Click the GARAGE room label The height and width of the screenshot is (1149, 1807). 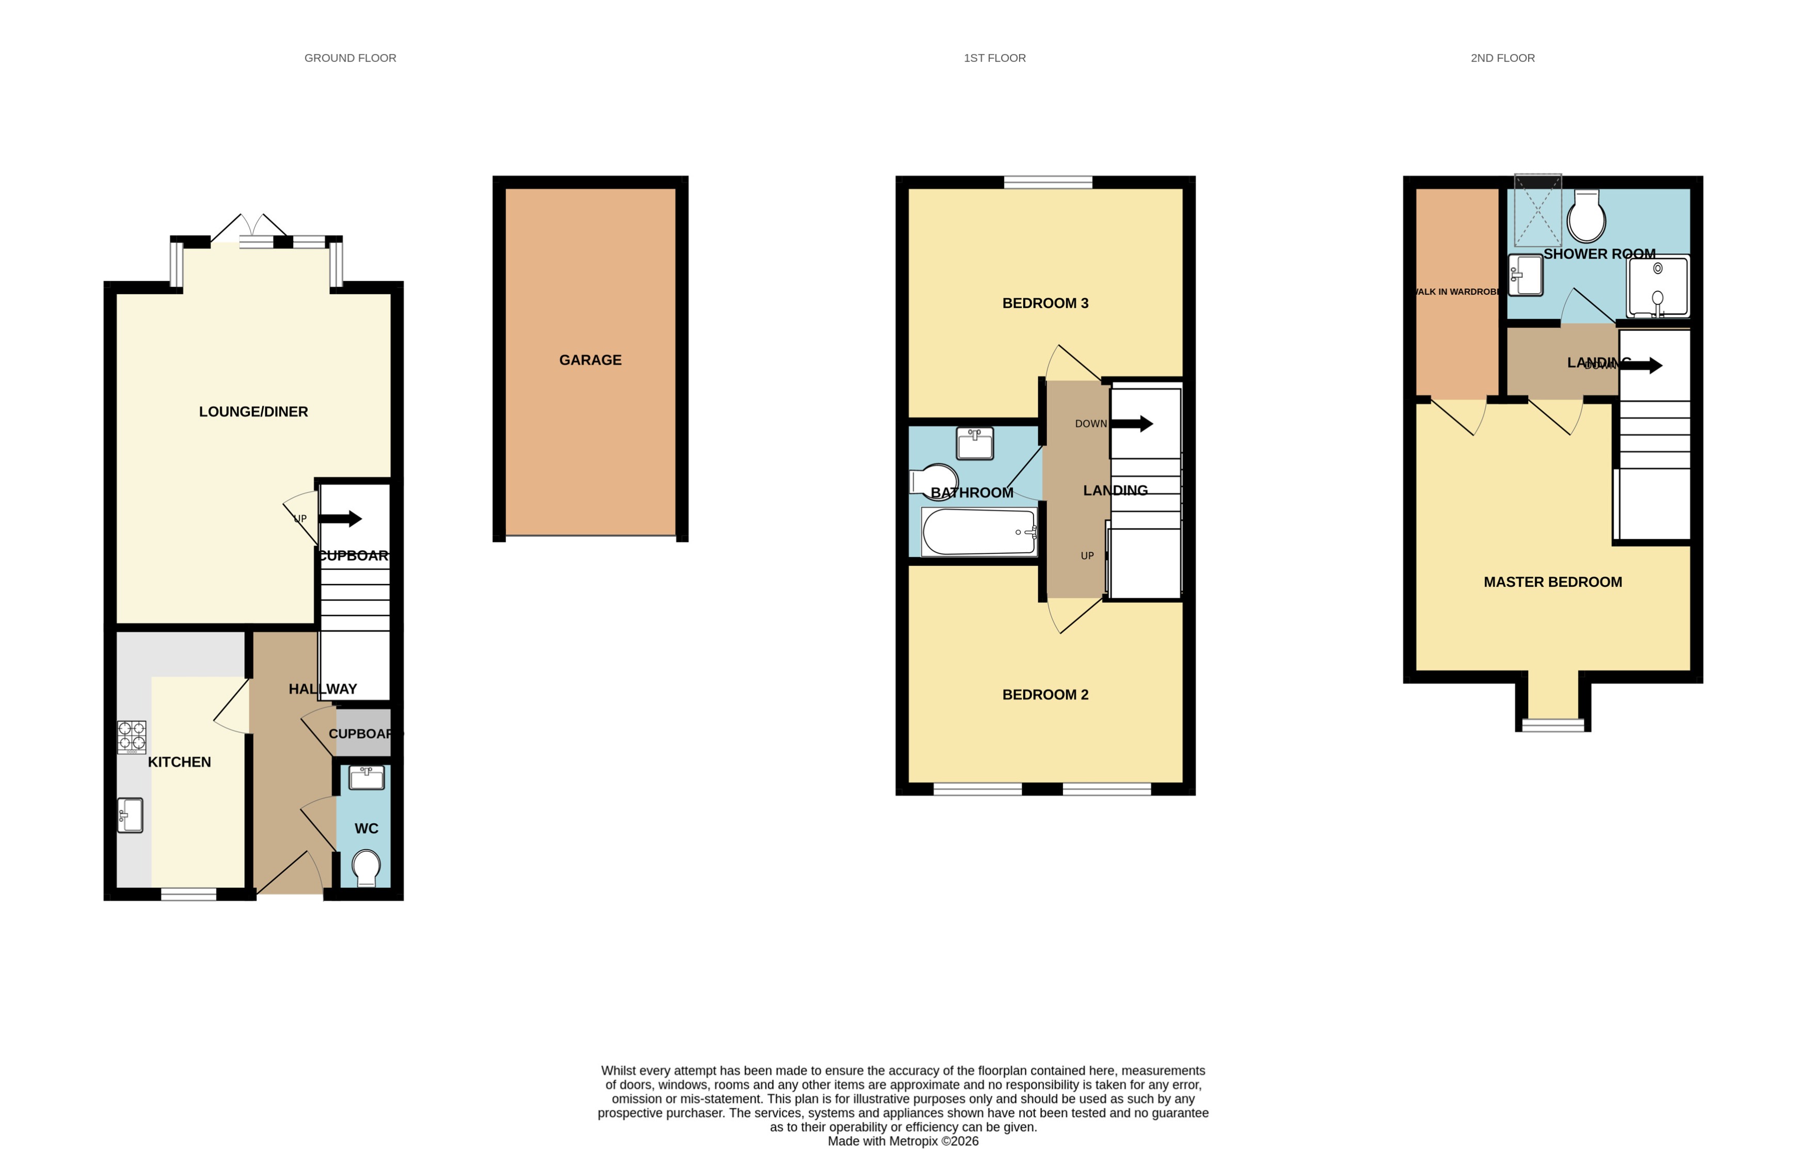click(x=590, y=360)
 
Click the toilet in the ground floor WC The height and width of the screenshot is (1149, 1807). click(x=366, y=867)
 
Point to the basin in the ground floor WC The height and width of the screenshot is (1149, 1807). click(x=366, y=777)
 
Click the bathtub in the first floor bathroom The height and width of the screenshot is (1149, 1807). click(x=979, y=531)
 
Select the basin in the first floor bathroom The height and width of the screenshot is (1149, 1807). click(x=975, y=443)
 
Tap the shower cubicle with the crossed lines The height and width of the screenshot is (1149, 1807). click(x=1537, y=211)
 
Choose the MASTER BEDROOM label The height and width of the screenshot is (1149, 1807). click(x=1552, y=582)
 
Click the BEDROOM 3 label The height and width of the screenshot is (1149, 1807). click(x=1044, y=303)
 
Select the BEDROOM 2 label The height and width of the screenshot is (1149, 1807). click(x=1044, y=694)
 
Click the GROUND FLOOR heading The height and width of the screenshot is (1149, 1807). click(x=350, y=58)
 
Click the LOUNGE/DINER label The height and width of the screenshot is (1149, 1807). click(x=253, y=411)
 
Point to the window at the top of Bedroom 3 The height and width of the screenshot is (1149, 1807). click(x=1048, y=182)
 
